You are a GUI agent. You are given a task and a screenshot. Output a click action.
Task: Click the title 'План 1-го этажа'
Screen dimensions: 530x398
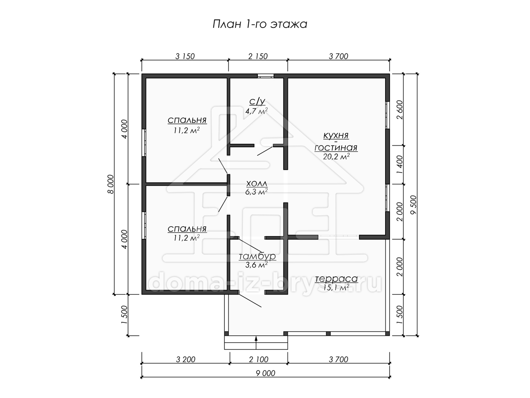[260, 24]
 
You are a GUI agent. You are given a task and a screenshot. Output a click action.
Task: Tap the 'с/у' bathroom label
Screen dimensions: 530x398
[257, 102]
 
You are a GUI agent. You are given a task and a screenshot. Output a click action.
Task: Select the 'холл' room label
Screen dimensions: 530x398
[257, 184]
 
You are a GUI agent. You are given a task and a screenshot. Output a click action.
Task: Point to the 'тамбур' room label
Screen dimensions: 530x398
[257, 256]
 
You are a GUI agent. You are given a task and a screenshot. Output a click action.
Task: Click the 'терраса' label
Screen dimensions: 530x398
[337, 279]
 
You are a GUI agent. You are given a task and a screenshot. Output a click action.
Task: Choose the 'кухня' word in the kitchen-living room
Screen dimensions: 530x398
[336, 136]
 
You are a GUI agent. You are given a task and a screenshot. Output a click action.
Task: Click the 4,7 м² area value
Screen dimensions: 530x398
[257, 111]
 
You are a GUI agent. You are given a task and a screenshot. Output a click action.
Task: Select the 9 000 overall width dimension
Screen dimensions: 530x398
[265, 373]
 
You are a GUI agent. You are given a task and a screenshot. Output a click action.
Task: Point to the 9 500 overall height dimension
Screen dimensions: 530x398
[413, 205]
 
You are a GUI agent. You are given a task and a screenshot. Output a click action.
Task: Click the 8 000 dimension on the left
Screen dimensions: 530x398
[110, 184]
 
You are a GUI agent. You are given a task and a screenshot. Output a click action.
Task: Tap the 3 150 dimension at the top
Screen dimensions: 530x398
[185, 56]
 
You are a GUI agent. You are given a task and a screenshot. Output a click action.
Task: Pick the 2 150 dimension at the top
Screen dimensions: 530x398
[258, 56]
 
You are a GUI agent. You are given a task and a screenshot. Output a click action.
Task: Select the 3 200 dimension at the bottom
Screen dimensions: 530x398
[185, 360]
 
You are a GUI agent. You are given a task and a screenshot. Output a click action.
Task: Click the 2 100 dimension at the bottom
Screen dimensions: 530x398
[259, 360]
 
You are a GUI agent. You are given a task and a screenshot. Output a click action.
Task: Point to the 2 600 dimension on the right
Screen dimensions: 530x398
[400, 110]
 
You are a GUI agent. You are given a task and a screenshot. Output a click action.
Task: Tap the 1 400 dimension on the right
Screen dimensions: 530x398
[400, 165]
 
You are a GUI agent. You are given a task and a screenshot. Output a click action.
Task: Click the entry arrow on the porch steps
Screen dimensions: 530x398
[256, 343]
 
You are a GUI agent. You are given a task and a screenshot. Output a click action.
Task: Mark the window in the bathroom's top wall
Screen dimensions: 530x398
[265, 76]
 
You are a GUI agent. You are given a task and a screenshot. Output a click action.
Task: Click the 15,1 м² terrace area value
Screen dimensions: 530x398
[337, 287]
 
